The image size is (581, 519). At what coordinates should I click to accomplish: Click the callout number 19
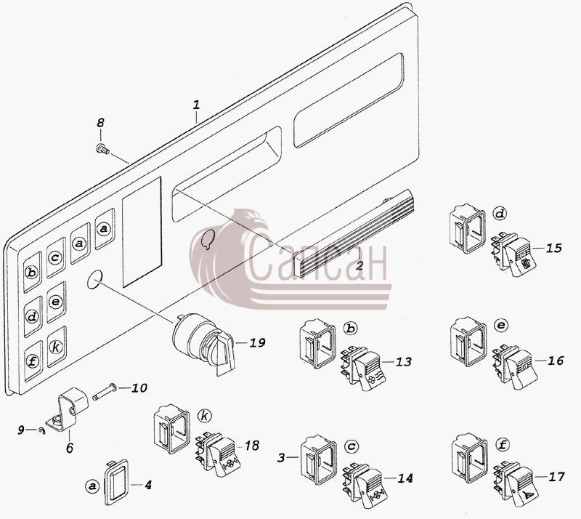point(257,342)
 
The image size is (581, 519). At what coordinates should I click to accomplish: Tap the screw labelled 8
point(102,149)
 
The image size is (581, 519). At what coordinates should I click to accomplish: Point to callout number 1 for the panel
point(196,104)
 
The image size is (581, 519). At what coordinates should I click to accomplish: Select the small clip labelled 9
point(43,431)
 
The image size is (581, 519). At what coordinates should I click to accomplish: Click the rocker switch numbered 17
point(516,484)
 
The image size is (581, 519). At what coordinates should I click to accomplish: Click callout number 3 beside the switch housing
point(281,458)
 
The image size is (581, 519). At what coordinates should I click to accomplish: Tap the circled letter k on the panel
point(56,347)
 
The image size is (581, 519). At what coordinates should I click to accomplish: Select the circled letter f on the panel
point(33,361)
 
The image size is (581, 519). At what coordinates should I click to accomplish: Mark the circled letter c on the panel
point(55,257)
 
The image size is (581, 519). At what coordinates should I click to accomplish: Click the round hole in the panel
point(95,278)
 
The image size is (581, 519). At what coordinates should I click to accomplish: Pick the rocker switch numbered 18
point(218,454)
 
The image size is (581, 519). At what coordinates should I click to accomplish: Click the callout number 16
point(556,361)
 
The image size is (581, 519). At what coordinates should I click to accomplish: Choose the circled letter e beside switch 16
point(501,326)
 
